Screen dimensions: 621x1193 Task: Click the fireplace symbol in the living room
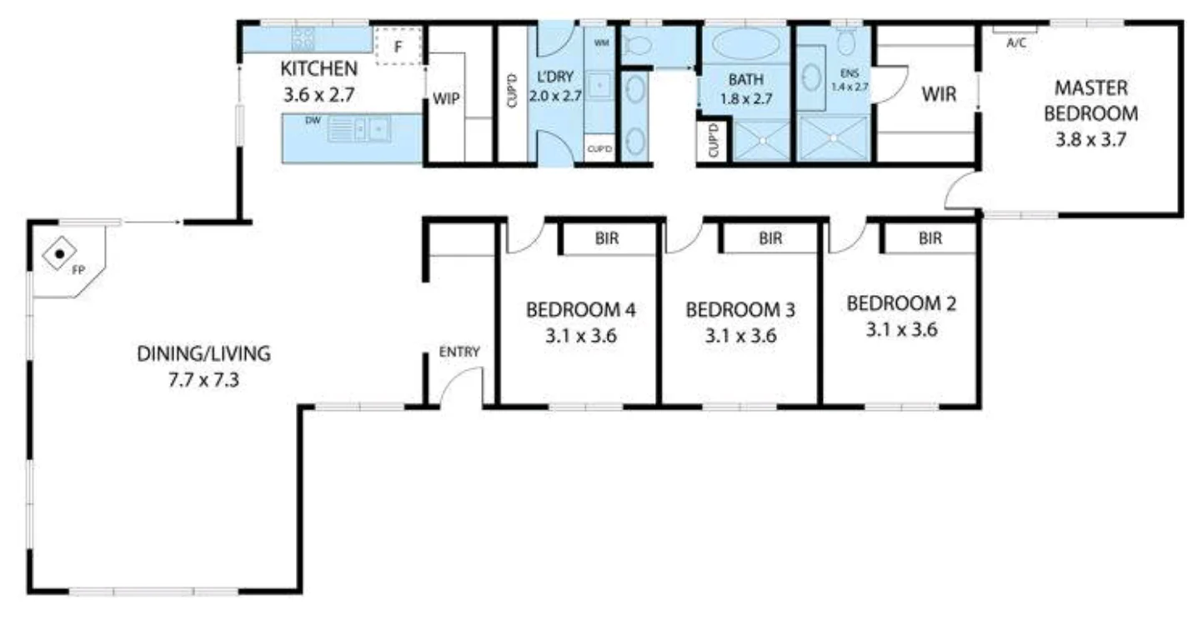pos(60,253)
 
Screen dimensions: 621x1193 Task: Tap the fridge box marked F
pos(398,46)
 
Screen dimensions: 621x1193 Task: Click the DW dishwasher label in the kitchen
pos(313,122)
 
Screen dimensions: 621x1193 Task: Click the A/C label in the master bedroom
pos(1016,44)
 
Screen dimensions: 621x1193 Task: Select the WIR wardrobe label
pos(937,93)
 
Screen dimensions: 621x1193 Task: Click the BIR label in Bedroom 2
pos(930,239)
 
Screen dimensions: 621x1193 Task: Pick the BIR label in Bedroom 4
pos(607,239)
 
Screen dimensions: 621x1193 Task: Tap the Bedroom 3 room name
pos(740,310)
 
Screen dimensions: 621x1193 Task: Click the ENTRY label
pos(459,352)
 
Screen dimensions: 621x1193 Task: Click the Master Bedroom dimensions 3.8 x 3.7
pos(1091,139)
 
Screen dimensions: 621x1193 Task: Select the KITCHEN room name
pos(319,68)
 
